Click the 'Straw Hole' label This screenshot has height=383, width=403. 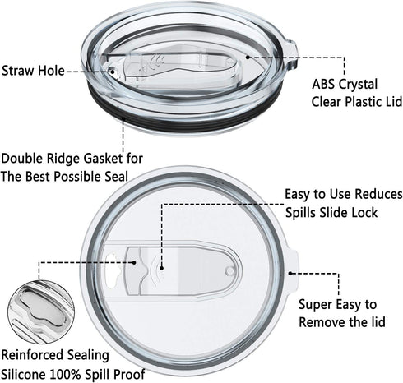coord(33,71)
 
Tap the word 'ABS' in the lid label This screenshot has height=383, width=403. coord(322,84)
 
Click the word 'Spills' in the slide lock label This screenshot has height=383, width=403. coord(300,213)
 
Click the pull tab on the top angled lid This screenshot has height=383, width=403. coord(292,55)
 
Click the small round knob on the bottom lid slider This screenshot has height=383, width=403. coord(229,271)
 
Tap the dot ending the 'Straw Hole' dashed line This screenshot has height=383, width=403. coord(112,72)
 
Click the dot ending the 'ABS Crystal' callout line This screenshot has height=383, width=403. coord(248,57)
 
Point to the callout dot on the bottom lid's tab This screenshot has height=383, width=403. coord(290,273)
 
